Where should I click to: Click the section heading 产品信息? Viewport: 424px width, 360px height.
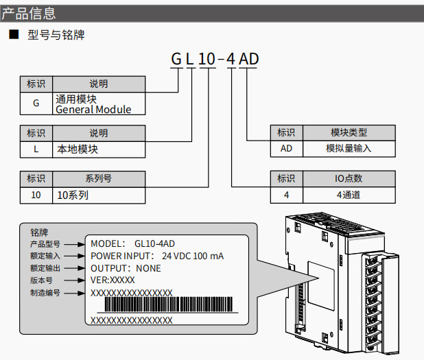pyautogui.click(x=29, y=13)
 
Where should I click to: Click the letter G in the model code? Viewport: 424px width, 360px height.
pyautogui.click(x=176, y=59)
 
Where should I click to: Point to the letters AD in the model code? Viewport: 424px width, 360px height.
pyautogui.click(x=248, y=59)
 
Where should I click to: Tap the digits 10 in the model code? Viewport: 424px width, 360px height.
pyautogui.click(x=207, y=59)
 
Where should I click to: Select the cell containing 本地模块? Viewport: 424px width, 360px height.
pyautogui.click(x=98, y=148)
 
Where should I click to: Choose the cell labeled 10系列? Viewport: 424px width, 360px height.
pyautogui.click(x=98, y=195)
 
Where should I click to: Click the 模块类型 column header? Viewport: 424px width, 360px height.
pyautogui.click(x=349, y=132)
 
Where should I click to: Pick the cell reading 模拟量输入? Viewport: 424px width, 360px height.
pyautogui.click(x=349, y=148)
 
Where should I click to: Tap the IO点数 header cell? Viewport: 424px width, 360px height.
pyautogui.click(x=349, y=178)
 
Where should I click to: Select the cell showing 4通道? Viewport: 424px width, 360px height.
pyautogui.click(x=349, y=195)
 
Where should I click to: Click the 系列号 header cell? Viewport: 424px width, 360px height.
pyautogui.click(x=98, y=178)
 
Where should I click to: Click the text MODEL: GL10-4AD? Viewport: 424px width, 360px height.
pyautogui.click(x=132, y=243)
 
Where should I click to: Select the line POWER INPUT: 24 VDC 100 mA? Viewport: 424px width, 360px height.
pyautogui.click(x=157, y=256)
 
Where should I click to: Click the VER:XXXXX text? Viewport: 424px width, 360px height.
pyautogui.click(x=113, y=280)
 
